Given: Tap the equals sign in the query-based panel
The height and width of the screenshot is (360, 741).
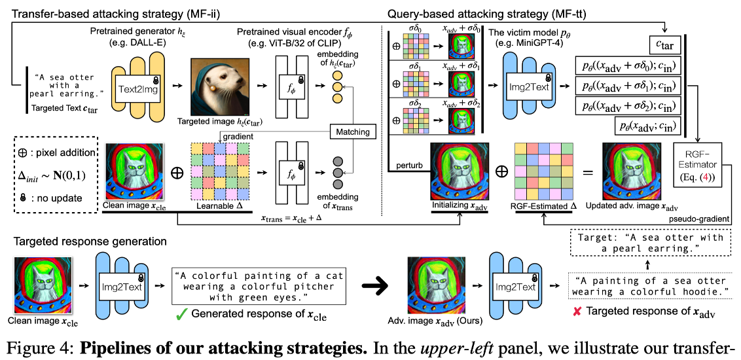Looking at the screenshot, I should [x=587, y=173].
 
